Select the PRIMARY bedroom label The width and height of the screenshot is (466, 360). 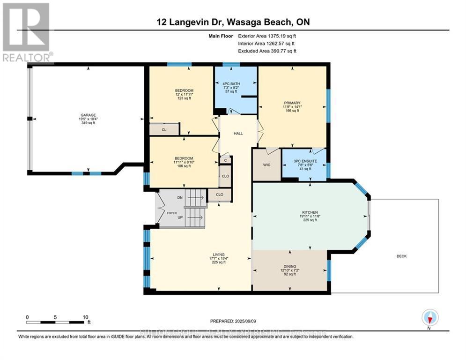(292, 103)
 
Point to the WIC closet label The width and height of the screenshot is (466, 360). (266, 165)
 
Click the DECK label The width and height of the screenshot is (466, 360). (401, 256)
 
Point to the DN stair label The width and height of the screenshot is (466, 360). (179, 198)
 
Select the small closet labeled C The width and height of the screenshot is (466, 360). (225, 160)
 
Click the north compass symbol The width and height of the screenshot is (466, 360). (429, 317)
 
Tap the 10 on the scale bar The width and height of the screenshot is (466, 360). (85, 317)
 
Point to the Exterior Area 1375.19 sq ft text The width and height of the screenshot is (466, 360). (267, 36)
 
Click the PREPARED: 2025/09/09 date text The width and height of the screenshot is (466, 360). (234, 321)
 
